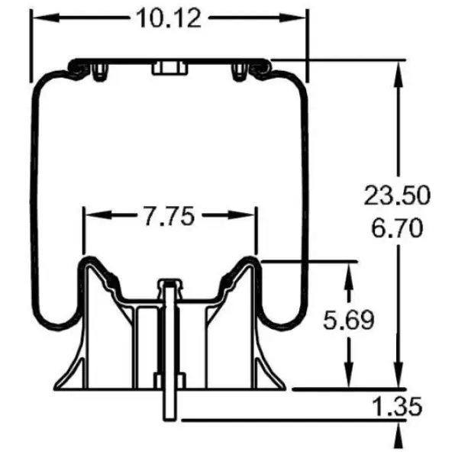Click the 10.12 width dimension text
[169, 17]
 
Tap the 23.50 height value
[392, 196]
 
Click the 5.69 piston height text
[348, 320]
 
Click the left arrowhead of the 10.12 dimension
[37, 17]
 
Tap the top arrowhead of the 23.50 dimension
[398, 69]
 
